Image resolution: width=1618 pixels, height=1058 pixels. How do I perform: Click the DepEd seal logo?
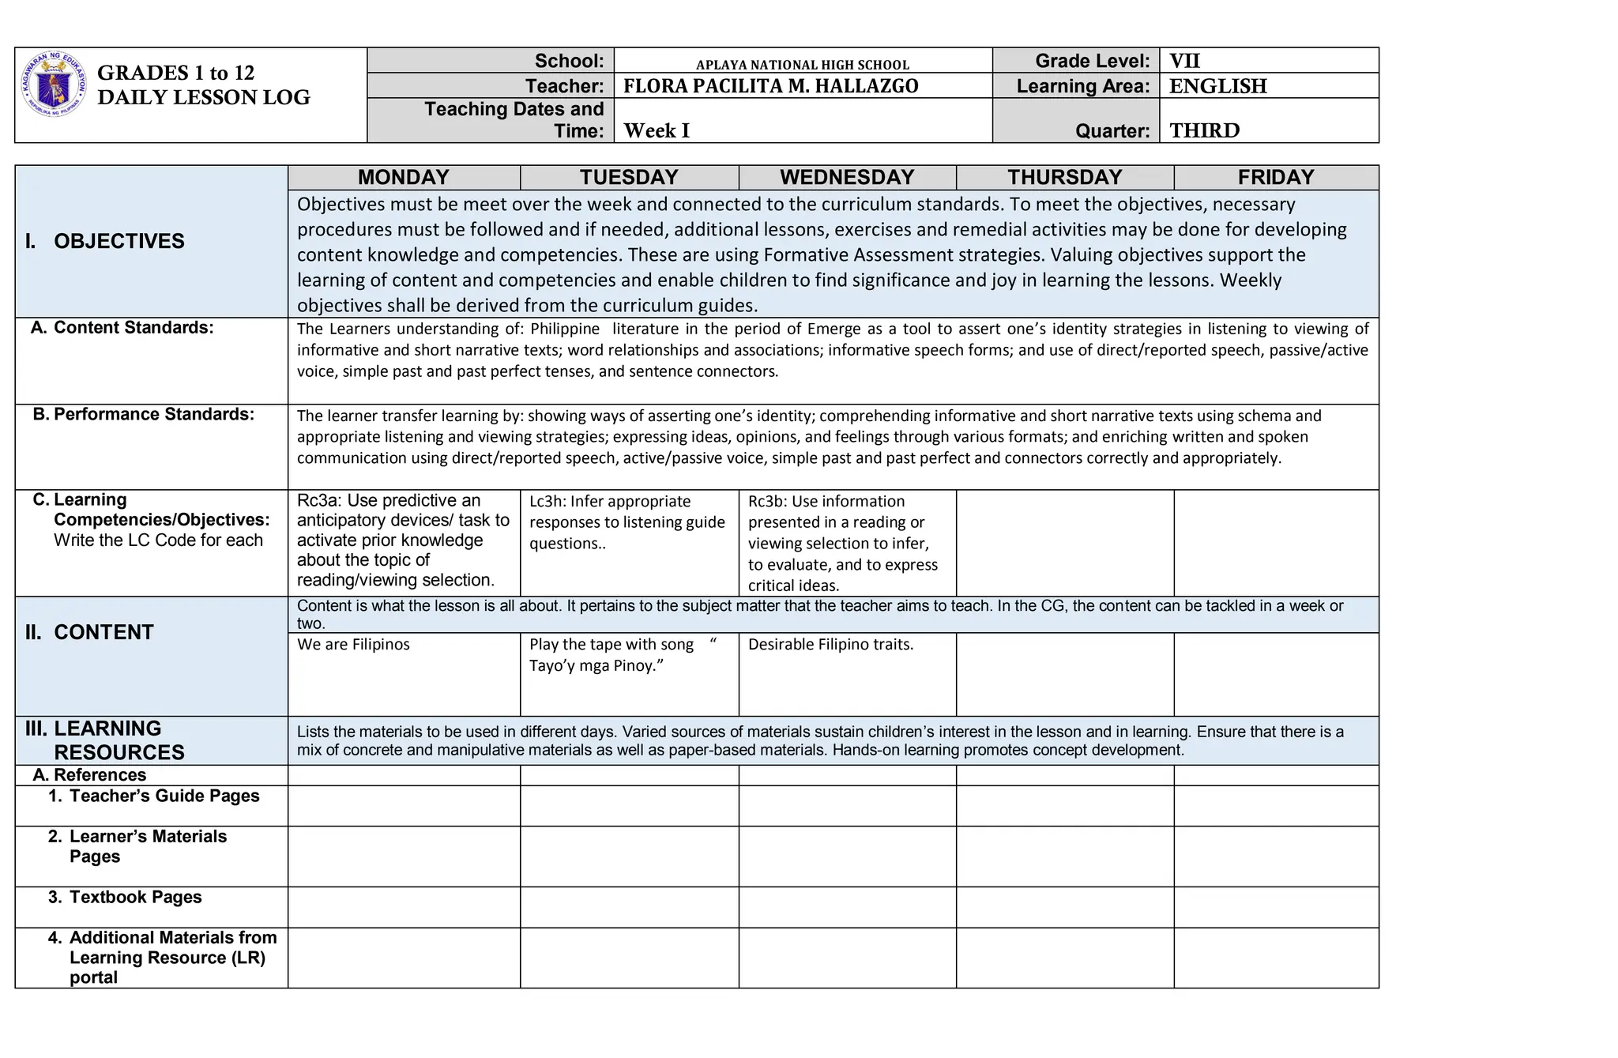[53, 85]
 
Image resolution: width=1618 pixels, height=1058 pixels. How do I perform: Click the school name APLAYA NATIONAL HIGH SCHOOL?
[802, 65]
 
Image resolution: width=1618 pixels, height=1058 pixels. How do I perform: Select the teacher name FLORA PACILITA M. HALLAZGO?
[770, 86]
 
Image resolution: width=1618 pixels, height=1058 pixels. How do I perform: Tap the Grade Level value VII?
[1184, 61]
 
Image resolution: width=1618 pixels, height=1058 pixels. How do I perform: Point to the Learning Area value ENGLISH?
[1217, 86]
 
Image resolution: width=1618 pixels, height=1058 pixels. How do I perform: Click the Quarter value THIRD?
[1204, 130]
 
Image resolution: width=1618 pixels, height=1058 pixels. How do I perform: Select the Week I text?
[657, 130]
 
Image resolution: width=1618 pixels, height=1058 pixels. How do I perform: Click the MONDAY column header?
[403, 177]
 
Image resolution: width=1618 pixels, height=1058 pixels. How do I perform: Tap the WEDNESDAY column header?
[847, 177]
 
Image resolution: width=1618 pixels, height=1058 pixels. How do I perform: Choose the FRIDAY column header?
[1275, 177]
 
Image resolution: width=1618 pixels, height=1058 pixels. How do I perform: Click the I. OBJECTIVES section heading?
[105, 241]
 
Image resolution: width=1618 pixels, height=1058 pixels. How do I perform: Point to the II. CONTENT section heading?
[89, 632]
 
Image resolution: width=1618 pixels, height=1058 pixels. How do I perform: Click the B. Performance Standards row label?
[144, 415]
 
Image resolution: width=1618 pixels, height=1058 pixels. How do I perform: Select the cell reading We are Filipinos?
[353, 644]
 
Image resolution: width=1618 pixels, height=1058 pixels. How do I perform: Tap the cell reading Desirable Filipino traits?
[830, 644]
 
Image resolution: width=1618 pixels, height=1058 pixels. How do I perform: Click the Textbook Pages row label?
[135, 897]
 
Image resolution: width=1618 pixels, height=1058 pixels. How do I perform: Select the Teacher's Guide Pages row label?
[164, 796]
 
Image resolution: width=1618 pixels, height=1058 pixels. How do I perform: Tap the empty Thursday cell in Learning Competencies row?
[1064, 543]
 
